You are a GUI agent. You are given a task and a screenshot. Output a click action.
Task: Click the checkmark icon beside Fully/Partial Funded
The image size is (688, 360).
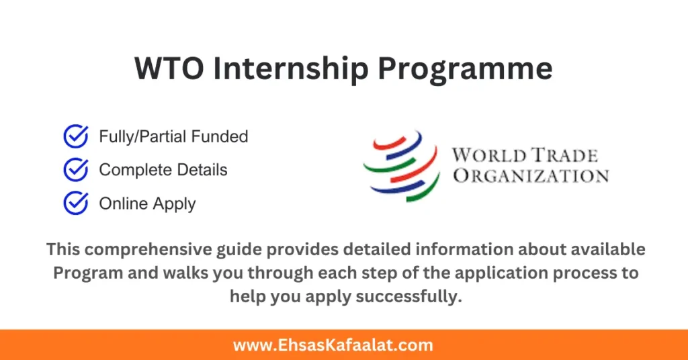[75, 137]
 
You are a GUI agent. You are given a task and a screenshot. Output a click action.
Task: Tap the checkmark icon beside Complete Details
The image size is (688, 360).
[75, 170]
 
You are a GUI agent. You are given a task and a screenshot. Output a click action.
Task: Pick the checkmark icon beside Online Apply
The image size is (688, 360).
[75, 203]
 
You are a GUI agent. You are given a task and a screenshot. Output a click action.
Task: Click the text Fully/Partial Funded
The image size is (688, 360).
[173, 137]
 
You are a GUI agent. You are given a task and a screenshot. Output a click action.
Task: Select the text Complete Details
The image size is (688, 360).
[163, 170]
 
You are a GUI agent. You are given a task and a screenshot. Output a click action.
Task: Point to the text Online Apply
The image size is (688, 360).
[147, 204]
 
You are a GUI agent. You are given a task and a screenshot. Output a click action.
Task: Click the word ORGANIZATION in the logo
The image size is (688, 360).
[530, 177]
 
